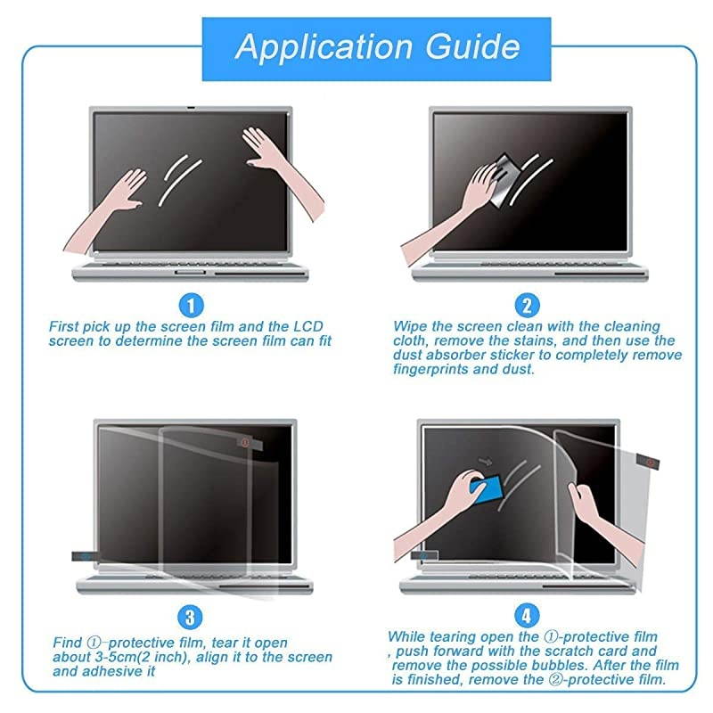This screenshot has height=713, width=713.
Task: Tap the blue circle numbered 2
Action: click(x=528, y=306)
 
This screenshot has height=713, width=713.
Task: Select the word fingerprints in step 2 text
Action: click(x=435, y=369)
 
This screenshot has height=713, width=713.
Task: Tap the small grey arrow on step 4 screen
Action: click(x=486, y=462)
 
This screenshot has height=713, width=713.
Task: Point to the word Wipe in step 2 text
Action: click(x=410, y=327)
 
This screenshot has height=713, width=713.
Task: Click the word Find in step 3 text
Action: click(x=68, y=643)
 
